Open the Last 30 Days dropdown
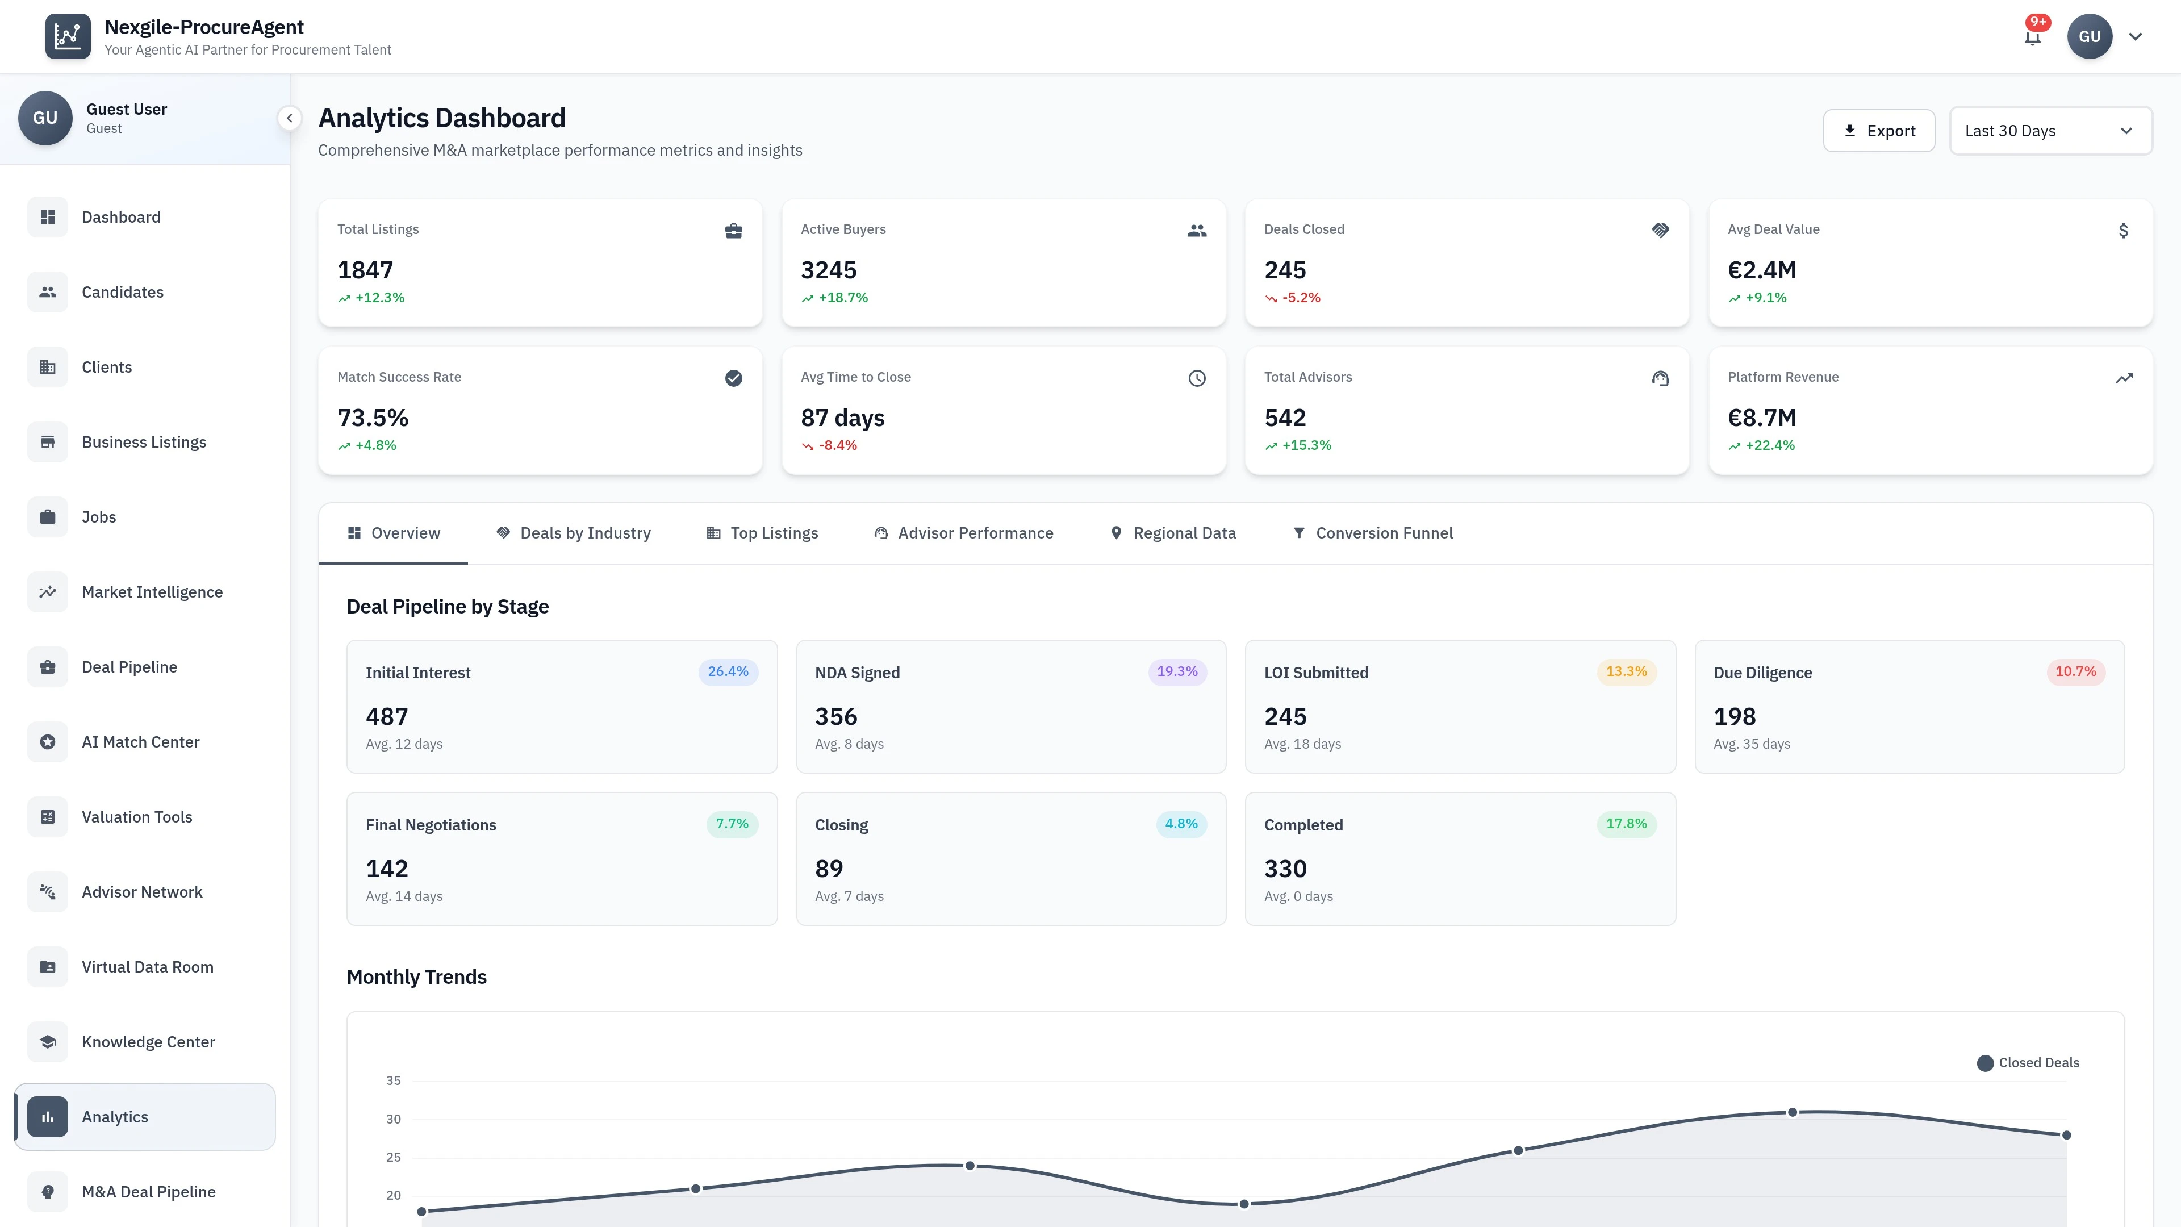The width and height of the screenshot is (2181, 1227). (2050, 131)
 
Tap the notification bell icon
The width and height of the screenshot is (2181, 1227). (2032, 37)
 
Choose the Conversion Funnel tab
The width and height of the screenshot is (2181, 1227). (1372, 533)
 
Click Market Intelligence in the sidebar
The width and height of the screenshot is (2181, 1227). (152, 592)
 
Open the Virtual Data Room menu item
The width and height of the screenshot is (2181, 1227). (147, 967)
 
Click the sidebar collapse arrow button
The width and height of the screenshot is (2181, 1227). (290, 119)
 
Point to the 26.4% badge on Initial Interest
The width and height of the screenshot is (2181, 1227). (727, 671)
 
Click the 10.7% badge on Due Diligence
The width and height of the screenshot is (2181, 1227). (2075, 671)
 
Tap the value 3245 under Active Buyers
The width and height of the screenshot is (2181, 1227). (828, 270)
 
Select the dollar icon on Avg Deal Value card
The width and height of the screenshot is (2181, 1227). (2122, 230)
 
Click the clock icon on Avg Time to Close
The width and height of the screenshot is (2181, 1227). (1196, 378)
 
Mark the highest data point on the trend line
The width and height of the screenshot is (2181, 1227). (1791, 1112)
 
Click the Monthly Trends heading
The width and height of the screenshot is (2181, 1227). (416, 977)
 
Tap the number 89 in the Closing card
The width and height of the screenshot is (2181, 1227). (828, 869)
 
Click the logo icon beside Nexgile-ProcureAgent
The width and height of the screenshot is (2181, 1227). (68, 36)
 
